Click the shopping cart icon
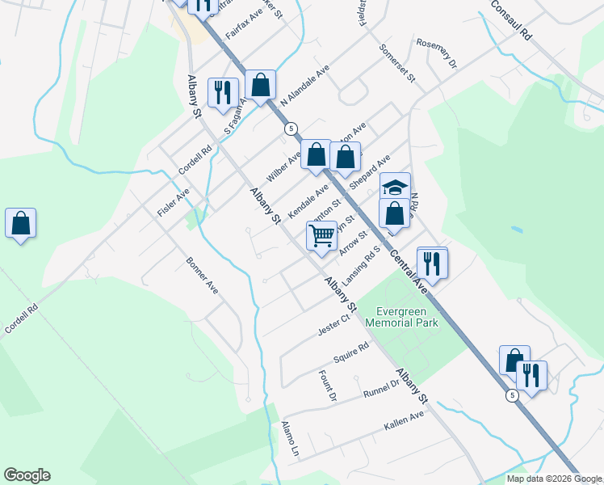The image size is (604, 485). (321, 236)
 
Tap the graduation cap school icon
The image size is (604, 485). (395, 187)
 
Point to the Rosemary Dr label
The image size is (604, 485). (436, 53)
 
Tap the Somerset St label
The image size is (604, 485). (397, 65)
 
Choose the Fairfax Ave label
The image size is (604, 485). (245, 26)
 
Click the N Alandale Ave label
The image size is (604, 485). (305, 85)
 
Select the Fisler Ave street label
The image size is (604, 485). (173, 202)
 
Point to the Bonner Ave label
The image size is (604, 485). (202, 276)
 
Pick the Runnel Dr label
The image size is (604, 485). (382, 390)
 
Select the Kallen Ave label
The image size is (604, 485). (405, 420)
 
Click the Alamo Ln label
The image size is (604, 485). (290, 440)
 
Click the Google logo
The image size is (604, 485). (27, 475)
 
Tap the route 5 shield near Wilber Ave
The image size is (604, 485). (291, 129)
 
